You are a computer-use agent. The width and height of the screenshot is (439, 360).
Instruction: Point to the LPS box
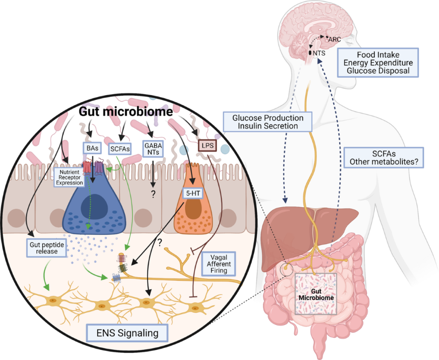[x=207, y=147]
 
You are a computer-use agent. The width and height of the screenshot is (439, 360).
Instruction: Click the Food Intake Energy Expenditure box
[x=378, y=63]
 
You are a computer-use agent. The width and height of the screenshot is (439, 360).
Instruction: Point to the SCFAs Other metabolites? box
[x=384, y=157]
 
